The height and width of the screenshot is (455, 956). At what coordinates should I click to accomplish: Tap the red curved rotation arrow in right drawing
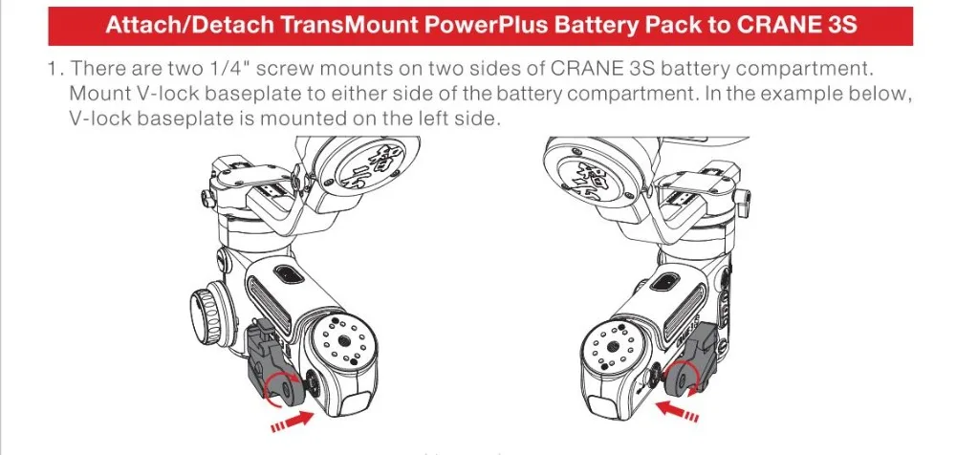(x=680, y=377)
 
